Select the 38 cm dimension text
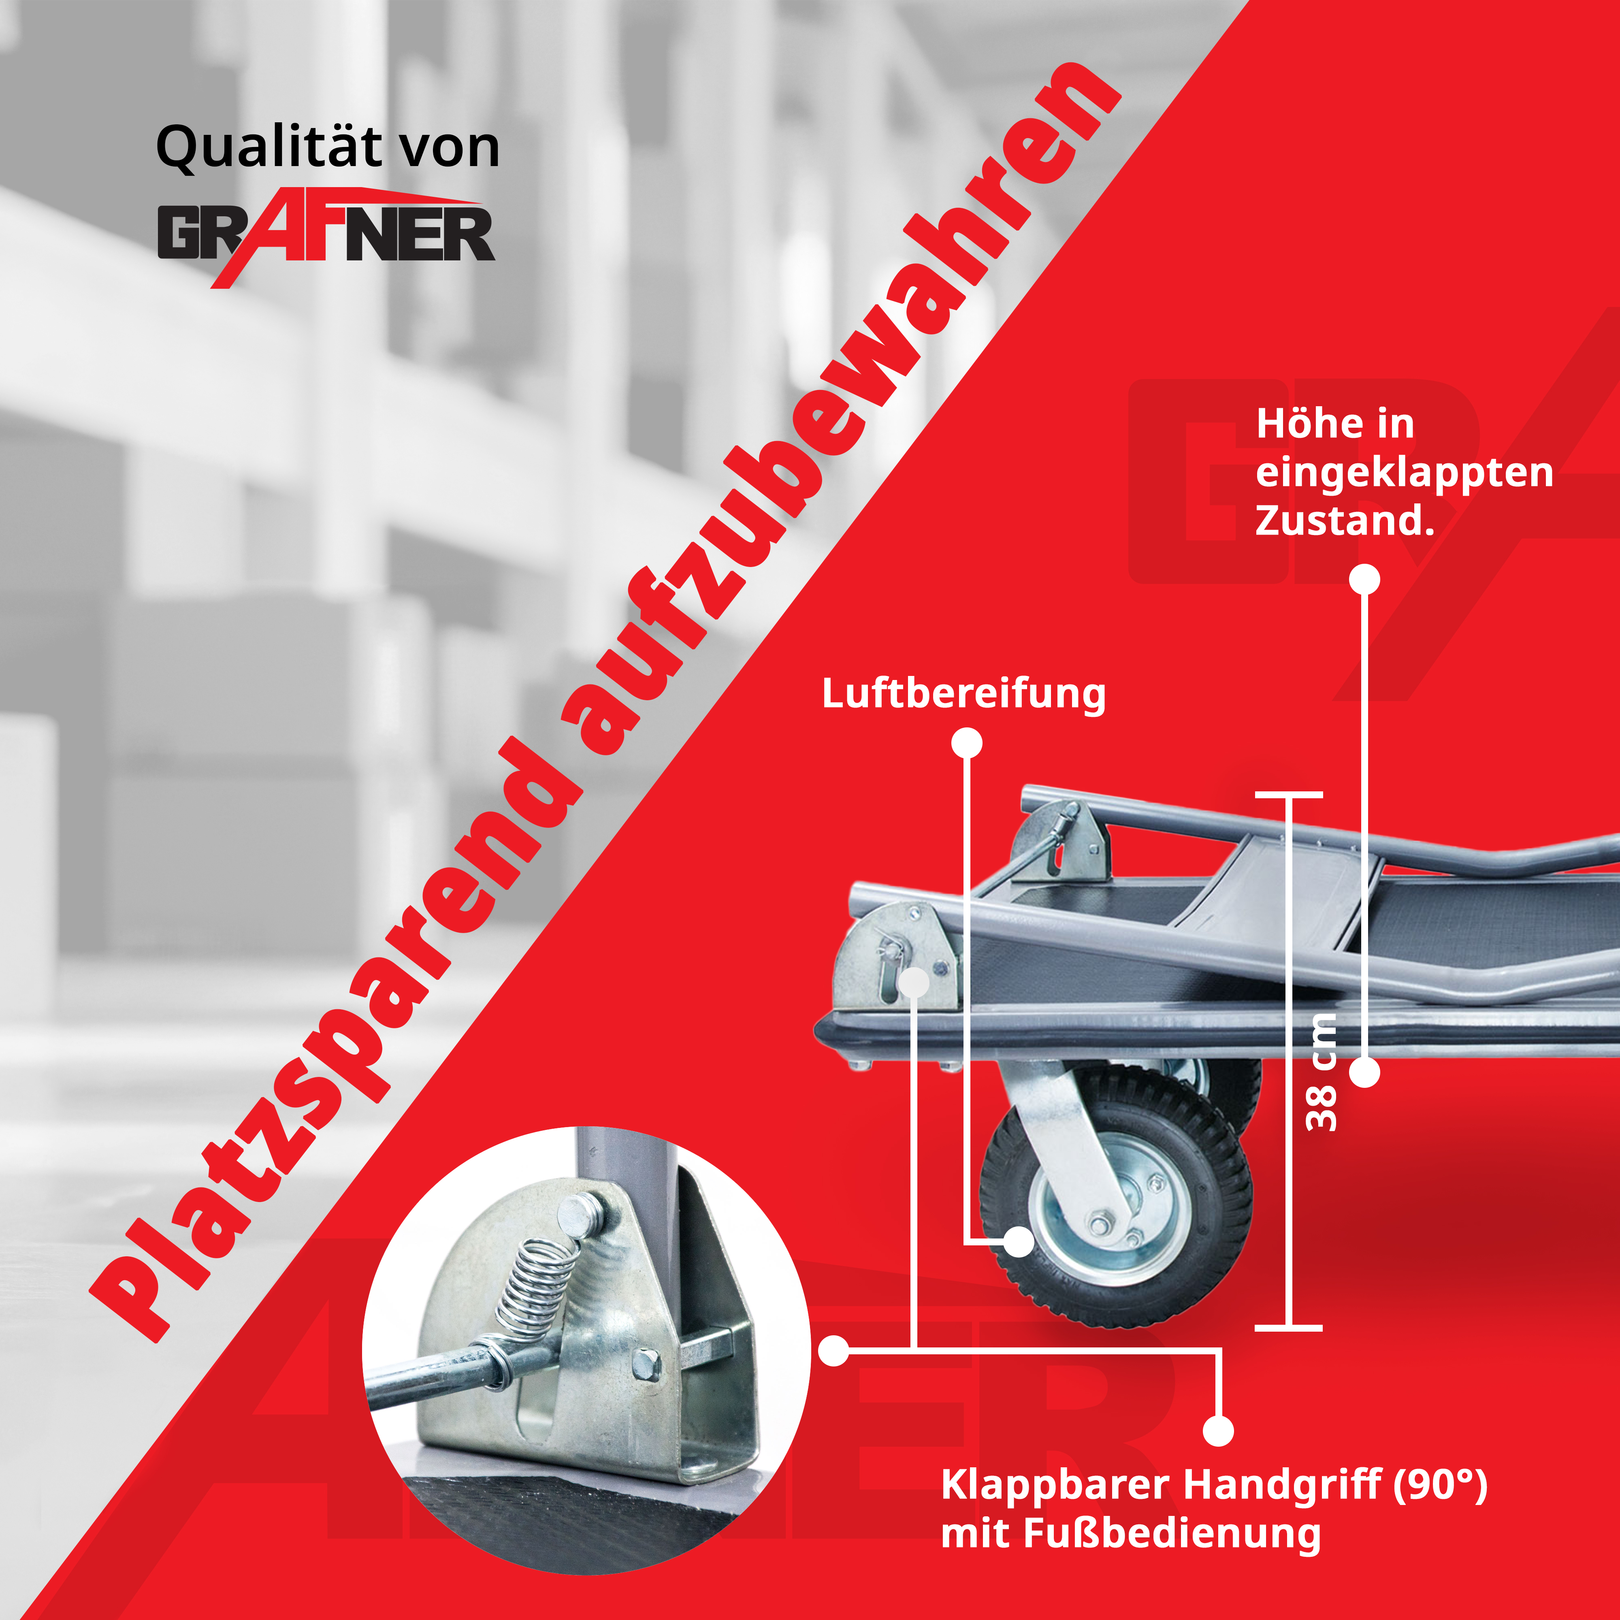[1322, 1072]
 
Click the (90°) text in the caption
[1441, 1485]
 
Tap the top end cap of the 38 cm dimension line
[1289, 794]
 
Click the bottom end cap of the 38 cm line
[1289, 1328]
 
